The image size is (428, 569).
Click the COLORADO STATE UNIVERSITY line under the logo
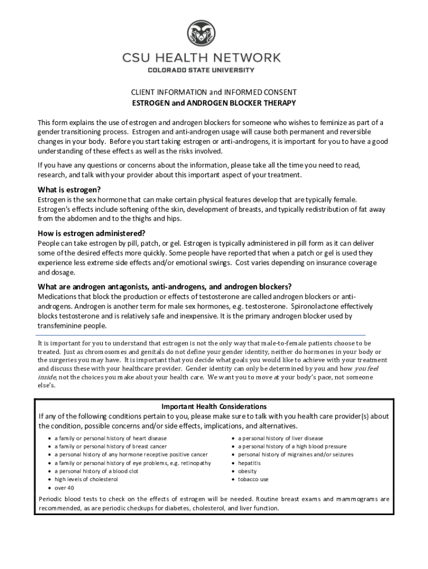point(201,70)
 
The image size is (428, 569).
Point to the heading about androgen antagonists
point(165,287)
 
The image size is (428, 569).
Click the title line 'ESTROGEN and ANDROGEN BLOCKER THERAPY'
point(213,103)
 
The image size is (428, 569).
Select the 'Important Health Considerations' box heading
point(214,406)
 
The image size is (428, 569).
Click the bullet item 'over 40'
point(64,487)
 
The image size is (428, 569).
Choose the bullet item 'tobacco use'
point(253,479)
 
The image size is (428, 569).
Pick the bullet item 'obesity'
point(247,471)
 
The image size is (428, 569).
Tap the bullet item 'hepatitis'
point(249,463)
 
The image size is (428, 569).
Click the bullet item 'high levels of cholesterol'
point(86,479)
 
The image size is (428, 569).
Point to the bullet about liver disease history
point(280,438)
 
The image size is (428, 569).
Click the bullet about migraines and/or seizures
point(295,455)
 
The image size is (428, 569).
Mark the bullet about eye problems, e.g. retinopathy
point(132,463)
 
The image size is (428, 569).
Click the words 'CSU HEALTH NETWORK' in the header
point(202,57)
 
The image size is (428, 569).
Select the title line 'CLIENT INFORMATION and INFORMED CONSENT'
point(213,92)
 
